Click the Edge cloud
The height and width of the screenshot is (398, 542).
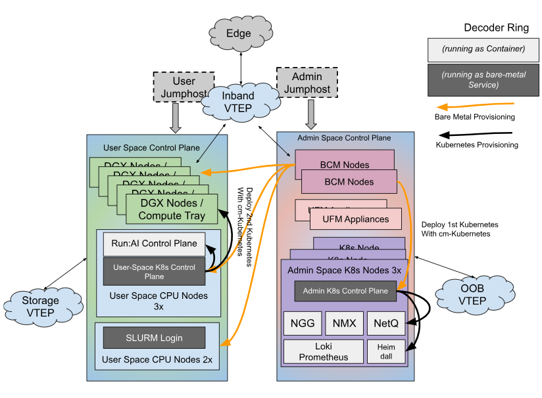(x=239, y=33)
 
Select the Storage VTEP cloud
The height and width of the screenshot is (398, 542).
(x=41, y=306)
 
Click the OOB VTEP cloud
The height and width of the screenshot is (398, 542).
(x=472, y=295)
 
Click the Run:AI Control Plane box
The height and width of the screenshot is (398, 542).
(x=154, y=244)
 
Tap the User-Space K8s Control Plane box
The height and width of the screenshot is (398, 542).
(x=154, y=271)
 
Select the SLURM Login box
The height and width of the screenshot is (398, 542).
(x=154, y=338)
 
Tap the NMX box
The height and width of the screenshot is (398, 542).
(x=344, y=323)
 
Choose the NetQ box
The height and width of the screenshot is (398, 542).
(x=385, y=323)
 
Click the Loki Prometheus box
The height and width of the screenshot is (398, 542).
(x=323, y=351)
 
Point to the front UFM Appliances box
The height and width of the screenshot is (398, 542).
(x=356, y=219)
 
